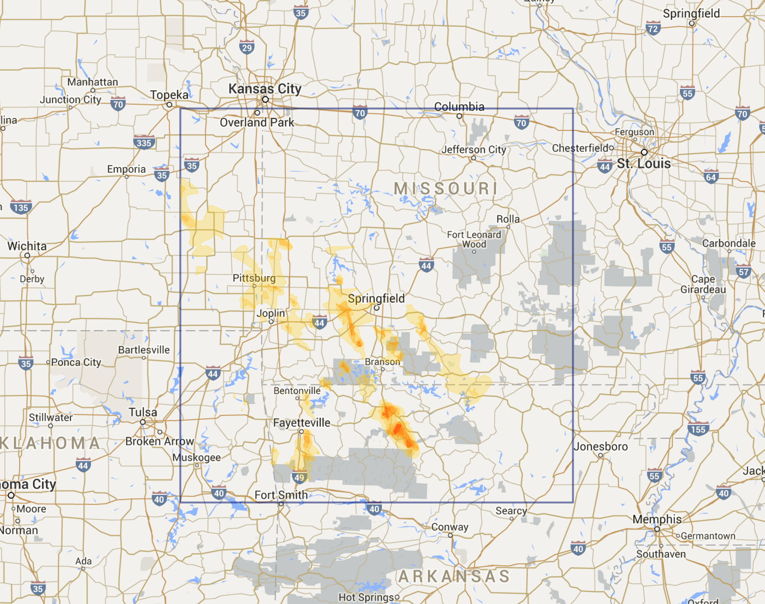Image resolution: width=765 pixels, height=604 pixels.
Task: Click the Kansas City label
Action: click(x=265, y=89)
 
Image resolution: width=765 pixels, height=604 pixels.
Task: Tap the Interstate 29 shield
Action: click(x=247, y=47)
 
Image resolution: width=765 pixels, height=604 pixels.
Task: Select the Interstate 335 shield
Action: click(x=144, y=142)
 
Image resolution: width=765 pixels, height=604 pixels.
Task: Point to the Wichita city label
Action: click(x=27, y=246)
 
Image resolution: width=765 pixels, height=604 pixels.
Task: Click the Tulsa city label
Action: click(x=143, y=412)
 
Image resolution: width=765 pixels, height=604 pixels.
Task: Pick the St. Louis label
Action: click(x=644, y=164)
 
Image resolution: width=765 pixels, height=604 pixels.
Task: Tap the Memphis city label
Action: click(x=657, y=519)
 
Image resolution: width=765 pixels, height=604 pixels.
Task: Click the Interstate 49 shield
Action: click(x=299, y=477)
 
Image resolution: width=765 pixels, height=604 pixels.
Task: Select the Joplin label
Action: click(x=271, y=313)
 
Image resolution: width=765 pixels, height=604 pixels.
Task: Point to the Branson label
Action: click(x=382, y=362)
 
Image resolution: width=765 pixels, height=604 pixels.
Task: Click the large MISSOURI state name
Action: click(x=446, y=188)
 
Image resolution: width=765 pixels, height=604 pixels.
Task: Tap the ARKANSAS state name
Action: click(x=454, y=576)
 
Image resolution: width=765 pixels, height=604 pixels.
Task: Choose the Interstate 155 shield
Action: click(x=698, y=429)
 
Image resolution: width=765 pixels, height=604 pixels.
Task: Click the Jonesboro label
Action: click(x=601, y=447)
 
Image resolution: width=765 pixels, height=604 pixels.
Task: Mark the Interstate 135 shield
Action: click(x=21, y=207)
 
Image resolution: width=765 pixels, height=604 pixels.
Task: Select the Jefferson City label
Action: click(x=474, y=150)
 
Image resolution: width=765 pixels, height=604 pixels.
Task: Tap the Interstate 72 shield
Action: click(x=653, y=28)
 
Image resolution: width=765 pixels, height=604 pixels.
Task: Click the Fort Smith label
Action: click(x=281, y=495)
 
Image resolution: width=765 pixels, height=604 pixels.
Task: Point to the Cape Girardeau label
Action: click(x=703, y=284)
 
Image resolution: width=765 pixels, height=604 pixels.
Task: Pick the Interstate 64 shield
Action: click(x=710, y=177)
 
